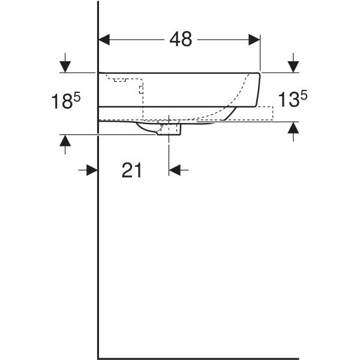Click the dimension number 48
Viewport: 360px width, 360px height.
(x=180, y=40)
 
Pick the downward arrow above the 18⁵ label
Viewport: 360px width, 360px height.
(x=65, y=65)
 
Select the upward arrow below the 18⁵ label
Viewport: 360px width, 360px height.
(x=65, y=141)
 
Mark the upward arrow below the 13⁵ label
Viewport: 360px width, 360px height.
(x=293, y=128)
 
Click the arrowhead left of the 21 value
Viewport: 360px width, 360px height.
(x=91, y=170)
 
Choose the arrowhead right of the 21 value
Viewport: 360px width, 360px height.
(x=175, y=170)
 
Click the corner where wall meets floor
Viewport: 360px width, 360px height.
(x=98, y=358)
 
